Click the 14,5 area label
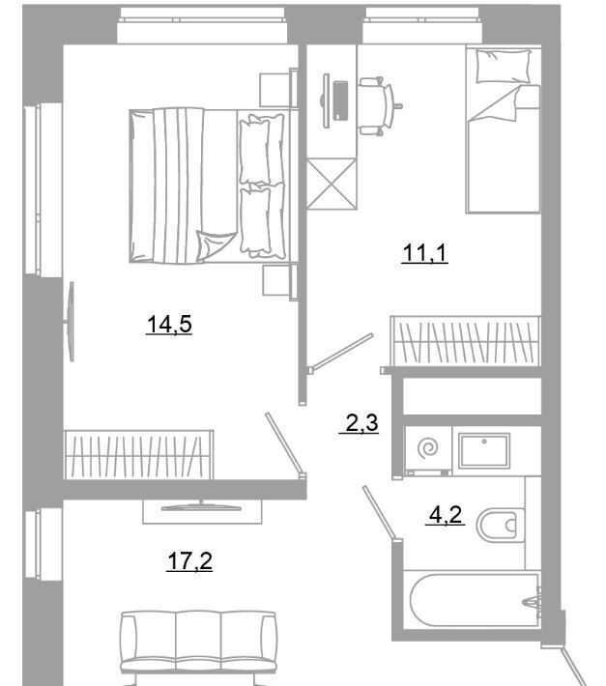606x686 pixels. tap(169, 325)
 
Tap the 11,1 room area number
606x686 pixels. tap(425, 253)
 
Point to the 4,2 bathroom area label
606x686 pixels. tap(446, 514)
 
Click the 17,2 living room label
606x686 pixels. tap(189, 561)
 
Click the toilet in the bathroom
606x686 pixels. tap(500, 525)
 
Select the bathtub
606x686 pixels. tap(475, 600)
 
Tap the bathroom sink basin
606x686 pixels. tap(484, 450)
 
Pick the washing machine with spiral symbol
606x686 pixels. tap(428, 449)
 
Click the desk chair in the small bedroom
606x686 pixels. tap(379, 106)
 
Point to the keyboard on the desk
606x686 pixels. tap(340, 100)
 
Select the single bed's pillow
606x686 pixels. tap(503, 66)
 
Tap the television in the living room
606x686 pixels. tap(202, 508)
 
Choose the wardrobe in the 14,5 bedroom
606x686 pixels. tap(139, 455)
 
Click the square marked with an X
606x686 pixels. tap(332, 184)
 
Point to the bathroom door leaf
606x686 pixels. tap(380, 513)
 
